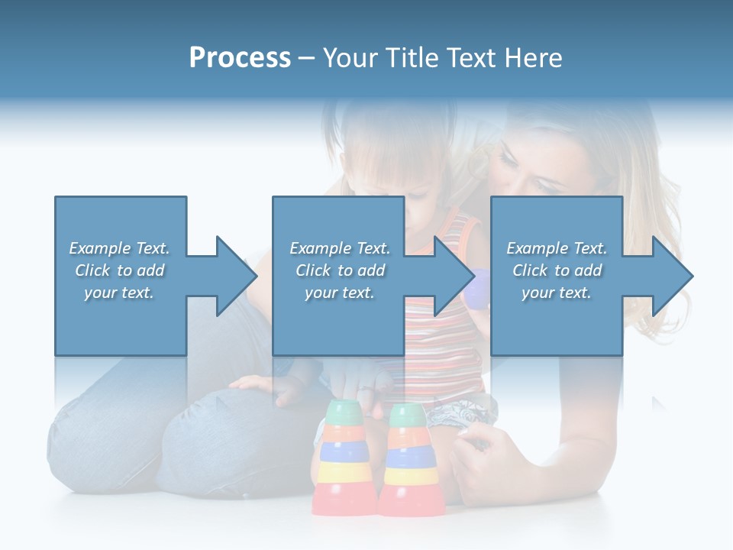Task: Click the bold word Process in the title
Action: [x=240, y=58]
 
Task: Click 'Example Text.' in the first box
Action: [x=119, y=248]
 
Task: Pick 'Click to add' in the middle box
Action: [x=340, y=270]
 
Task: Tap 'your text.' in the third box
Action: [x=557, y=293]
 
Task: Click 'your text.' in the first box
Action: [x=119, y=293]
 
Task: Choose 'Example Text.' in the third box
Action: [x=557, y=248]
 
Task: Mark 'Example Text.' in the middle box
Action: [x=340, y=248]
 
